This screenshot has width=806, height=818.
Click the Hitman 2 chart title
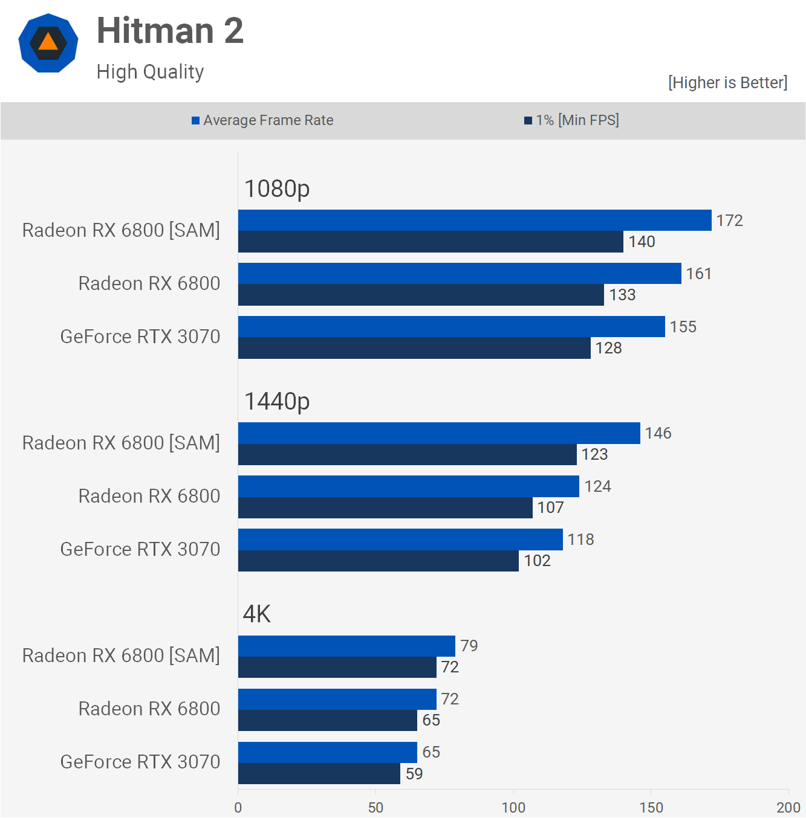[x=170, y=31]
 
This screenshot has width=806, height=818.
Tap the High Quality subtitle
[x=150, y=72]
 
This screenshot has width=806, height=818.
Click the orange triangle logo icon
[x=48, y=43]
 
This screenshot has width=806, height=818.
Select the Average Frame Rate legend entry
[x=262, y=120]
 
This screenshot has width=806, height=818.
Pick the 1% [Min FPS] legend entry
[x=571, y=120]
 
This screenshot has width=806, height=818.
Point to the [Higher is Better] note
[x=727, y=83]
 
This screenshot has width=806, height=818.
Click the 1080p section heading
[x=277, y=189]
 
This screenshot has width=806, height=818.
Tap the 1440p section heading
[x=277, y=402]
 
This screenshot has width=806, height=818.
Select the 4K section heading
[x=257, y=614]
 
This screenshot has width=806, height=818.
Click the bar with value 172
[x=475, y=221]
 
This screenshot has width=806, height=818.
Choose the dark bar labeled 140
[x=431, y=242]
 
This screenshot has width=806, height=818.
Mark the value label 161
[x=698, y=274]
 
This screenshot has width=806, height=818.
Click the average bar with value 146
[x=439, y=433]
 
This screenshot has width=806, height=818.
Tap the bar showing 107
[x=385, y=507]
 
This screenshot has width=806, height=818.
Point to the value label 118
[x=580, y=539]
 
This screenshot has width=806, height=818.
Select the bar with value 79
[x=346, y=646]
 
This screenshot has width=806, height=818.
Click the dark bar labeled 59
[x=319, y=774]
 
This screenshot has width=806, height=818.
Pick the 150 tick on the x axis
[x=651, y=808]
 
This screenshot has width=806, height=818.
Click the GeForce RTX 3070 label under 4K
[x=140, y=762]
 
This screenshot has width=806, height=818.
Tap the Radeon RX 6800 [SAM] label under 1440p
[x=121, y=443]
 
